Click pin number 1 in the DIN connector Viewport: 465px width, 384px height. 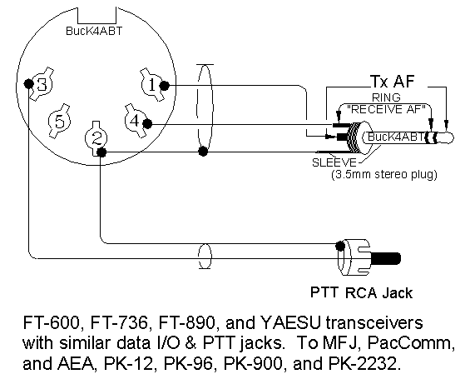click(152, 85)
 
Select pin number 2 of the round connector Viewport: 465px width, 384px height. click(96, 138)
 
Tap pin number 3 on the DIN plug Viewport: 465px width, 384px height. click(42, 85)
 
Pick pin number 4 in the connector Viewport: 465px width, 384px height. click(135, 121)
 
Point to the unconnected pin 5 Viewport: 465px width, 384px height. click(60, 121)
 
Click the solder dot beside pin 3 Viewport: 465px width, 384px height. click(28, 84)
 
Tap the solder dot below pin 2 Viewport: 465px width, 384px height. click(101, 152)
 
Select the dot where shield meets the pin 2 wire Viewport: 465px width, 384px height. click(203, 152)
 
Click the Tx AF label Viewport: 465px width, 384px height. click(392, 81)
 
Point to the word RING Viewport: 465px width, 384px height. click(386, 97)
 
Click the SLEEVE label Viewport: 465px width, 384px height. click(334, 162)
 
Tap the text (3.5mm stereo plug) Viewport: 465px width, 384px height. click(384, 174)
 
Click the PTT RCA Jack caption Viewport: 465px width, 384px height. click(361, 293)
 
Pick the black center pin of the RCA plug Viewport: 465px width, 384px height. click(385, 259)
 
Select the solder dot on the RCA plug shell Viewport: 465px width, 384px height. click(340, 246)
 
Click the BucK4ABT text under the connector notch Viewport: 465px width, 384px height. click(94, 31)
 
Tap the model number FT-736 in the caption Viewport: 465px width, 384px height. click(119, 323)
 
